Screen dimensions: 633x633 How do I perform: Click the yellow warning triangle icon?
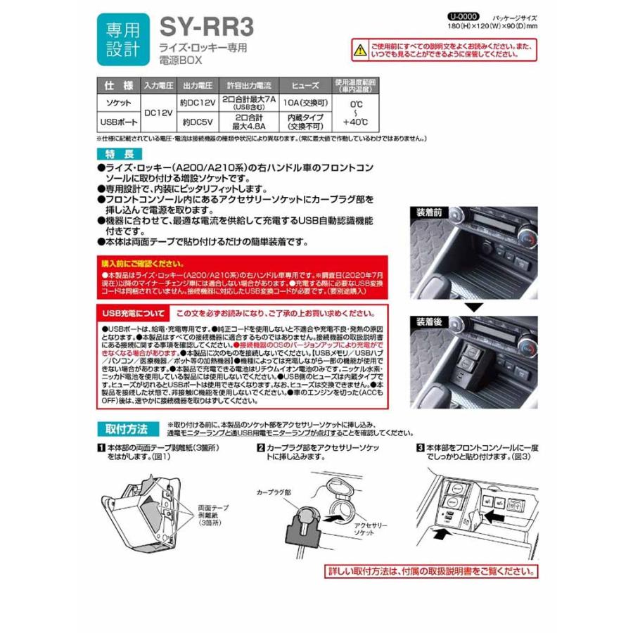pos(359,49)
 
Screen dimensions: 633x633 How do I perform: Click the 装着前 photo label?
pos(428,211)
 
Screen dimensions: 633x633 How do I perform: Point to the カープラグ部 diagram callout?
pos(273,493)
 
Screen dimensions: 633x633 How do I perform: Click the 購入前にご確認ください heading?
pos(138,262)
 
